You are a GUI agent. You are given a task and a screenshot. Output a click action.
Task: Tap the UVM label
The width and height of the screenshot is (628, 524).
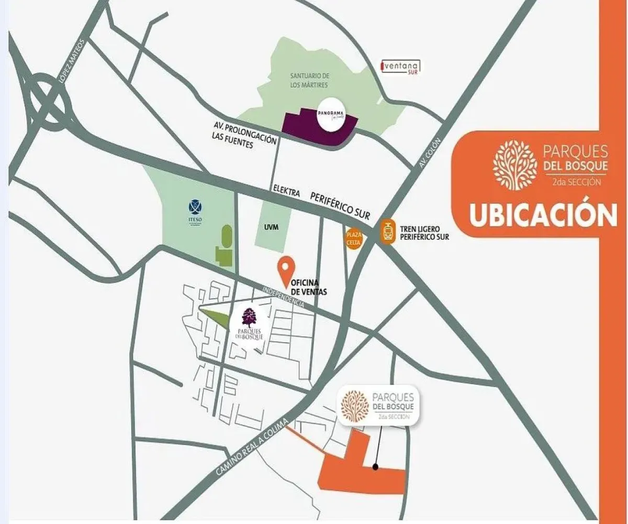click(x=270, y=225)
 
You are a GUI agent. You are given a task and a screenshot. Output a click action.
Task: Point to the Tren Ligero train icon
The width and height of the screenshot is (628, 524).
click(x=387, y=231)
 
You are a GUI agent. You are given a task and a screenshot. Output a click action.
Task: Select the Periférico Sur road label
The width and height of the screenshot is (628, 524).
click(x=340, y=204)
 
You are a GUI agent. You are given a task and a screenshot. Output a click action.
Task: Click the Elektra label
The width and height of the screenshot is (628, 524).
click(x=286, y=192)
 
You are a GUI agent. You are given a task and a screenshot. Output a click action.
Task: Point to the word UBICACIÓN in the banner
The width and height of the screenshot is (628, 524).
click(x=543, y=215)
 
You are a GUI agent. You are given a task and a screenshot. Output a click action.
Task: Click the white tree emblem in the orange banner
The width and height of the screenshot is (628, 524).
click(x=515, y=165)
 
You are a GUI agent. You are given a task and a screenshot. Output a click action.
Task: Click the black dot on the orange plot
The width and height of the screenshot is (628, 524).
click(x=375, y=466)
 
